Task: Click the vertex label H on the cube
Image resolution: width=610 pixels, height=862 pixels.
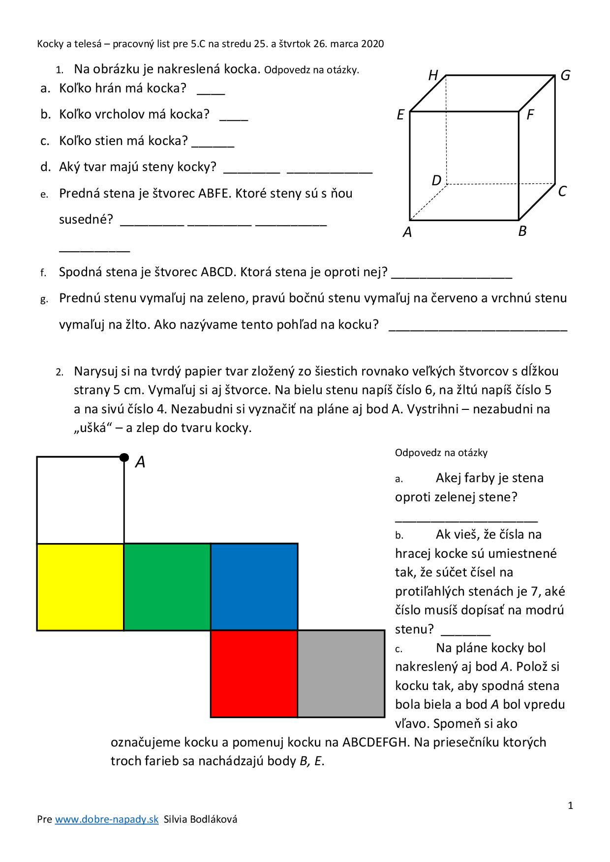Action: coord(433,75)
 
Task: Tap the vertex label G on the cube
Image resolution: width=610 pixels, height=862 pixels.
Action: coord(565,75)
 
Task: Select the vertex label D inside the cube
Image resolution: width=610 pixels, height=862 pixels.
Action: coord(436,180)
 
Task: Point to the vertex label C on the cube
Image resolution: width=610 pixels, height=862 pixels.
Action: coord(562,191)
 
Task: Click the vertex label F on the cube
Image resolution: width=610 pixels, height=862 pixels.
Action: coord(530,115)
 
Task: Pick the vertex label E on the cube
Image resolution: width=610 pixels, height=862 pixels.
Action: coord(400,115)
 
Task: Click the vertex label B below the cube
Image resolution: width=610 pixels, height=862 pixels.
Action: coord(522,231)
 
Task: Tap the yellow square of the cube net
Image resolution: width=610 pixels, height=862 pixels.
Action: coord(80,587)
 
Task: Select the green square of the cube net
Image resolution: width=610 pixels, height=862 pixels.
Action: coord(167,587)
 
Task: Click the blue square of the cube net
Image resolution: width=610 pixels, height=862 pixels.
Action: coord(254,587)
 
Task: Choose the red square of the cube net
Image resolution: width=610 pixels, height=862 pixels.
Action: coord(254,674)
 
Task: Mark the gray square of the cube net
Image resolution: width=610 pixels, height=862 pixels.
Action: coord(341,674)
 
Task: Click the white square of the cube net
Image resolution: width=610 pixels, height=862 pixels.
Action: coord(80,500)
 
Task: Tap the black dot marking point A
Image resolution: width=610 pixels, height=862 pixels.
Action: coord(124,458)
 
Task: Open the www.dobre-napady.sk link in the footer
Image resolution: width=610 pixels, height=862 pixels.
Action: coord(106,819)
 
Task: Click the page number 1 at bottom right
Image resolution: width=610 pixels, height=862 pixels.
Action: coord(570,805)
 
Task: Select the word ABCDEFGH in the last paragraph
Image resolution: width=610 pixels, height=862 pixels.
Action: coord(375,742)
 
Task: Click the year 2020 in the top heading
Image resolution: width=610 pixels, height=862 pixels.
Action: coord(372,44)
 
